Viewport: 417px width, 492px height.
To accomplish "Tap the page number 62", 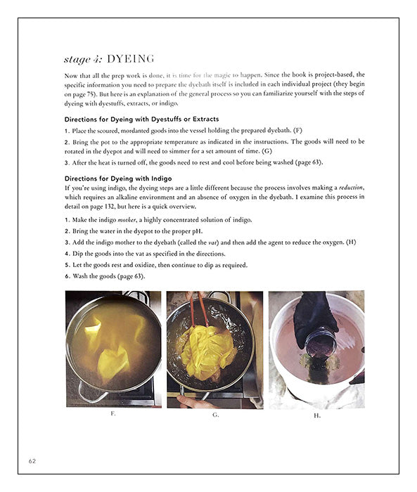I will pos(33,461).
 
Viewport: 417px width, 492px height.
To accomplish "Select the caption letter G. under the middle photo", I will pos(215,414).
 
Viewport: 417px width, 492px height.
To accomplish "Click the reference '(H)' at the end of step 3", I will pos(351,242).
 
